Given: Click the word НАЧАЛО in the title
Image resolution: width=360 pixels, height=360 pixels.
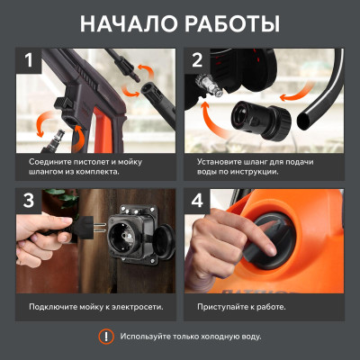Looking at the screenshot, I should tap(129, 24).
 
